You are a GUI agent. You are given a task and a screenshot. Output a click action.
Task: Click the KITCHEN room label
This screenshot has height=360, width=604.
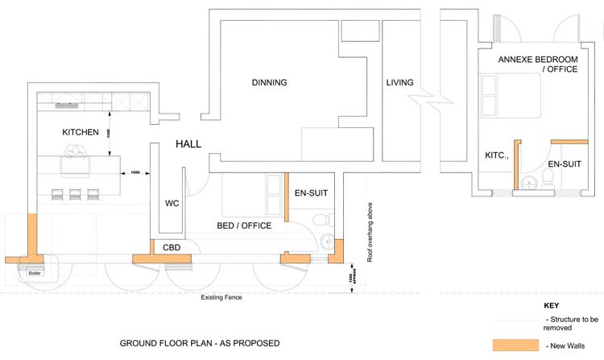coord(81,132)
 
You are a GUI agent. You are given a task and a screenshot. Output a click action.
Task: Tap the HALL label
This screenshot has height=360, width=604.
coord(188,144)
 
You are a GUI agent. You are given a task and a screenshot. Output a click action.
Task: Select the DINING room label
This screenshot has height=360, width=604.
coord(269,82)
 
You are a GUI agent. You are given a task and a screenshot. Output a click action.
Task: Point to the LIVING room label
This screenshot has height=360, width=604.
coord(399,82)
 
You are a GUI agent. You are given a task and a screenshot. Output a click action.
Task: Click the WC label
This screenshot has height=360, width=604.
coord(172,204)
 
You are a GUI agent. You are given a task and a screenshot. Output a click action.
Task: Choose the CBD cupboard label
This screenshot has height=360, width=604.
coord(172,247)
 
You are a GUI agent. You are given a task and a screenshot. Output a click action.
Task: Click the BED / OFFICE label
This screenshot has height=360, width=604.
coord(244,226)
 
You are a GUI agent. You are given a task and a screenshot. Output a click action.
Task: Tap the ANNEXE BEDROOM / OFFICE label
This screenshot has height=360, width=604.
coord(538,64)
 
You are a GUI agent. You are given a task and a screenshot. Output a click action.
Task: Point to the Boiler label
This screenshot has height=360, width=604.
coord(35,273)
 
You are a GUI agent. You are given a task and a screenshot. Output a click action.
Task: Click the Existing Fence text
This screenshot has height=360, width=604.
coord(221,297)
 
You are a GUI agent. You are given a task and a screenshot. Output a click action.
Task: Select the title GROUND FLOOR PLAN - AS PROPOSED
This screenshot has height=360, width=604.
coord(199,343)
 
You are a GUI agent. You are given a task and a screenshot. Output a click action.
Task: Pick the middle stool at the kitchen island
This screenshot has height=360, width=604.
coord(75,194)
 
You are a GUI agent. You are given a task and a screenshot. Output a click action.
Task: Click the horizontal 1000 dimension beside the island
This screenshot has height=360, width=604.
coord(135,172)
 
